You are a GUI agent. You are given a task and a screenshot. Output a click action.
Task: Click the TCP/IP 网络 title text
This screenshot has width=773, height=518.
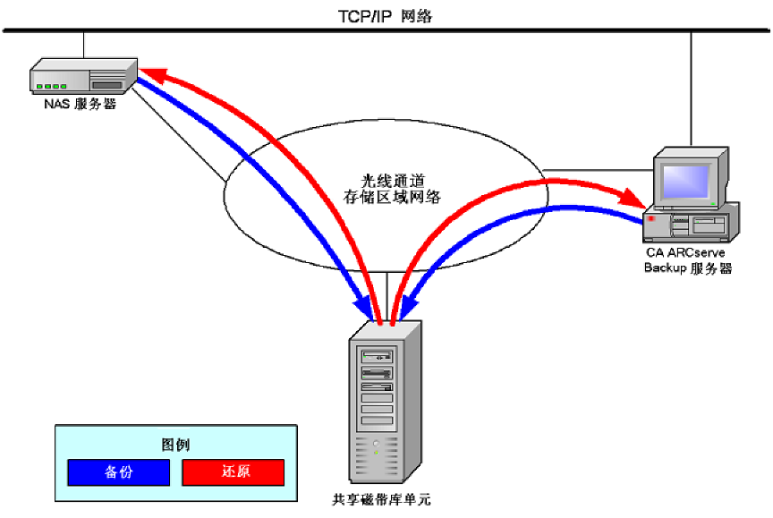(x=385, y=16)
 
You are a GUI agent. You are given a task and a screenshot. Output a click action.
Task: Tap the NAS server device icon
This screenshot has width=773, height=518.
(x=84, y=77)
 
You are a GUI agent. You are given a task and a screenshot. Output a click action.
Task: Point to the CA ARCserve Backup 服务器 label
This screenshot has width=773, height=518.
(x=688, y=260)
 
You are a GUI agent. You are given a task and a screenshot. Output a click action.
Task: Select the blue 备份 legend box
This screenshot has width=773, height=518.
(x=118, y=471)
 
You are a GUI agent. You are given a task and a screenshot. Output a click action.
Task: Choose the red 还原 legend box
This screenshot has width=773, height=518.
(x=234, y=471)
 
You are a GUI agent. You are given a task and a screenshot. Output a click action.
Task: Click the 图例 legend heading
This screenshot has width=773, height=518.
(x=175, y=445)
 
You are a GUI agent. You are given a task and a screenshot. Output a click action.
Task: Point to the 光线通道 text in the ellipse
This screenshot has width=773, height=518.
(x=385, y=180)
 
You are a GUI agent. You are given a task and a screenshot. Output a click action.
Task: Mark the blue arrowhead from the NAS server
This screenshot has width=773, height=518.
(x=364, y=308)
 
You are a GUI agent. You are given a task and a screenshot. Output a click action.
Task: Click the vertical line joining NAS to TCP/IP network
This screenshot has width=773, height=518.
(x=83, y=46)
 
